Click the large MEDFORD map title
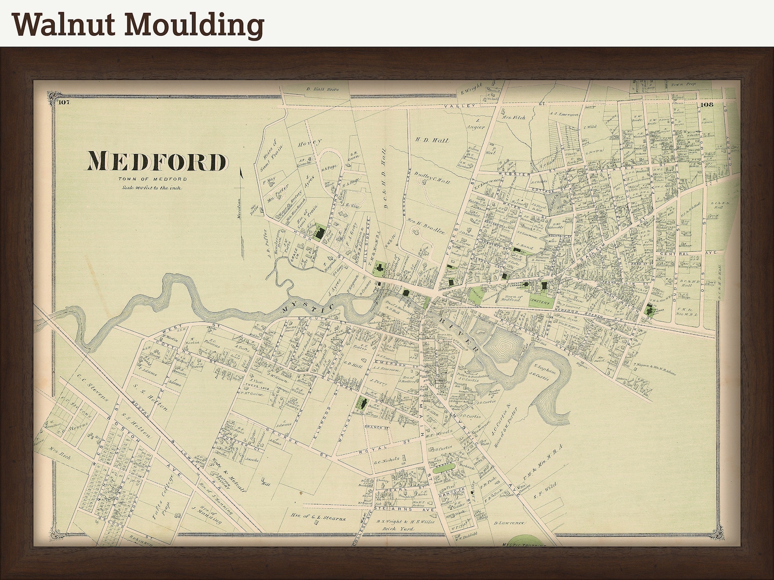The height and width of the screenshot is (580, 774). (157, 161)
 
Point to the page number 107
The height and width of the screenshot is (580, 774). (63, 102)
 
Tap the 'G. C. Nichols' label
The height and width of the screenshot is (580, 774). (386, 459)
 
